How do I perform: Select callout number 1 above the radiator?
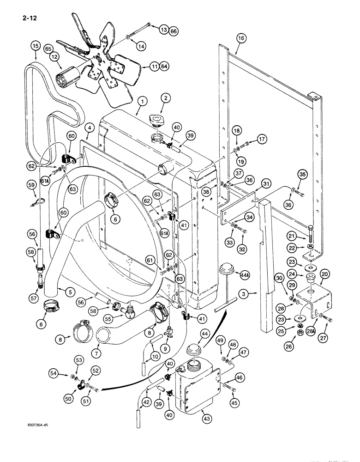pyautogui.click(x=143, y=101)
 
